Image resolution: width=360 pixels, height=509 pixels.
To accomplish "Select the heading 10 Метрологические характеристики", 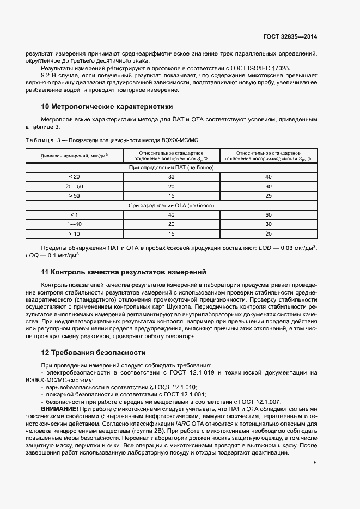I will point(107,106).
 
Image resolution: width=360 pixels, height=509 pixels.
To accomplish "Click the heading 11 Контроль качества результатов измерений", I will point(124,271).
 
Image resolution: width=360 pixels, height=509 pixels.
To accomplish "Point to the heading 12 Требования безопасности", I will point(93,352).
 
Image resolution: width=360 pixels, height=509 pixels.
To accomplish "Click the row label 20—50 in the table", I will point(74,186).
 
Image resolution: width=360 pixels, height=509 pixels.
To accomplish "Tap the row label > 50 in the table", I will point(74,195).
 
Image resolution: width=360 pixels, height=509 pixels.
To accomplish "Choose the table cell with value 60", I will point(268,214).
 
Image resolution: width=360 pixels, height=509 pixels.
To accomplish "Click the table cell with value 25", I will point(268,195).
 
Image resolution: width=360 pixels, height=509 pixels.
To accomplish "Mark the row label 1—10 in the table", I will point(74,224).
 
